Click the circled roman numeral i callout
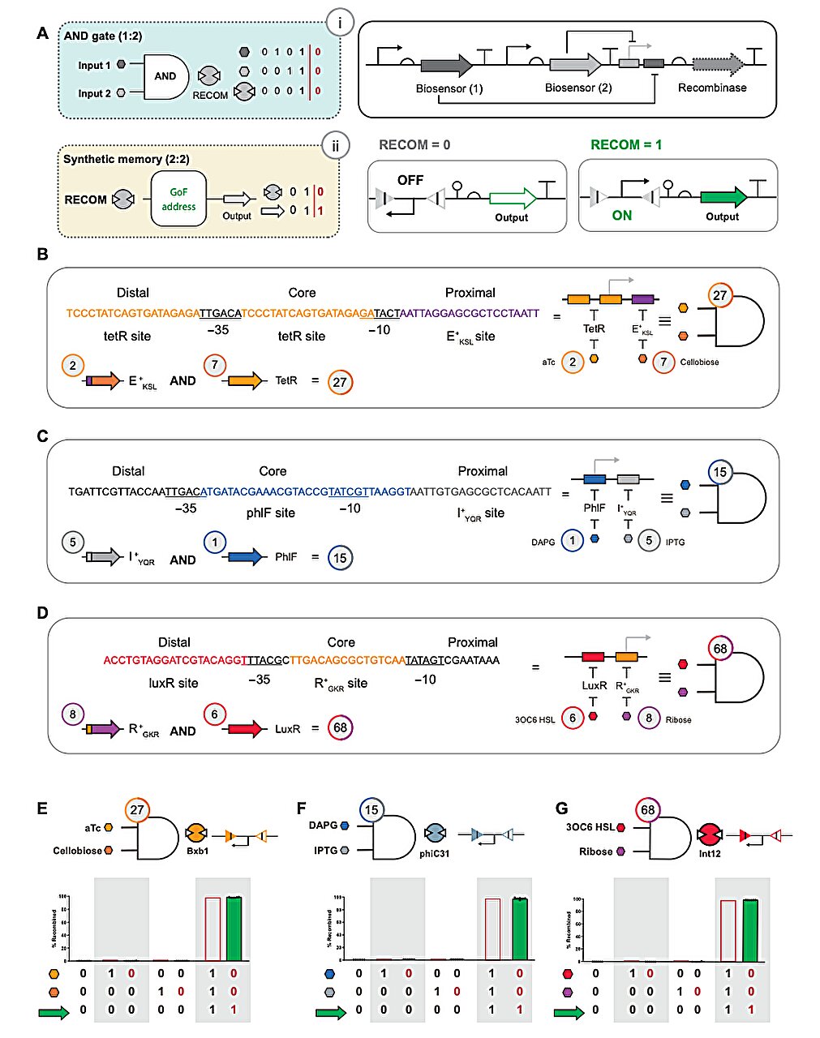339,24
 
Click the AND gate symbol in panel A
166,77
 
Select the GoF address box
178,199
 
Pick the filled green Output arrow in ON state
723,197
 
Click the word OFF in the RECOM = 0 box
410,180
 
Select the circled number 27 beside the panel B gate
719,295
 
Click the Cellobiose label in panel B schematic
699,362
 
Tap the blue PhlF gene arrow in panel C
247,557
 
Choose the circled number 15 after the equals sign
340,558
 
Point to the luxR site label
173,683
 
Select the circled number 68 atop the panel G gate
647,809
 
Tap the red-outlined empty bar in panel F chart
492,929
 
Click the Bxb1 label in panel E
198,851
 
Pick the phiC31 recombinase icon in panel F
435,834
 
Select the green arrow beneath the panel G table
571,1012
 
